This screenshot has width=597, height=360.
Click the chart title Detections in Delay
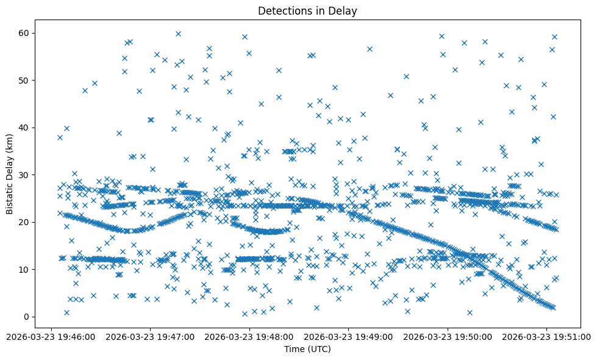coord(307,10)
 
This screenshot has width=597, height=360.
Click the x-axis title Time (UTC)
coord(307,349)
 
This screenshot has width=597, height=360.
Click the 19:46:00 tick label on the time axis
coord(51,336)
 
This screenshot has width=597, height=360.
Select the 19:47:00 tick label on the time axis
coord(150,336)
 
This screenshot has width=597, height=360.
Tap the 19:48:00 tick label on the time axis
coord(249,336)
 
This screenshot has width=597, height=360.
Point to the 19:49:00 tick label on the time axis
coord(349,336)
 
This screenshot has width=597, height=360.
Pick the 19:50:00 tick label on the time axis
coord(448,336)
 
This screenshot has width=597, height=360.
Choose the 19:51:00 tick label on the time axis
coord(547,336)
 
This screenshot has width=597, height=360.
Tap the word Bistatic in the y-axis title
coord(10,195)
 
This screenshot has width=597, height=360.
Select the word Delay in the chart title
coord(344,10)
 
